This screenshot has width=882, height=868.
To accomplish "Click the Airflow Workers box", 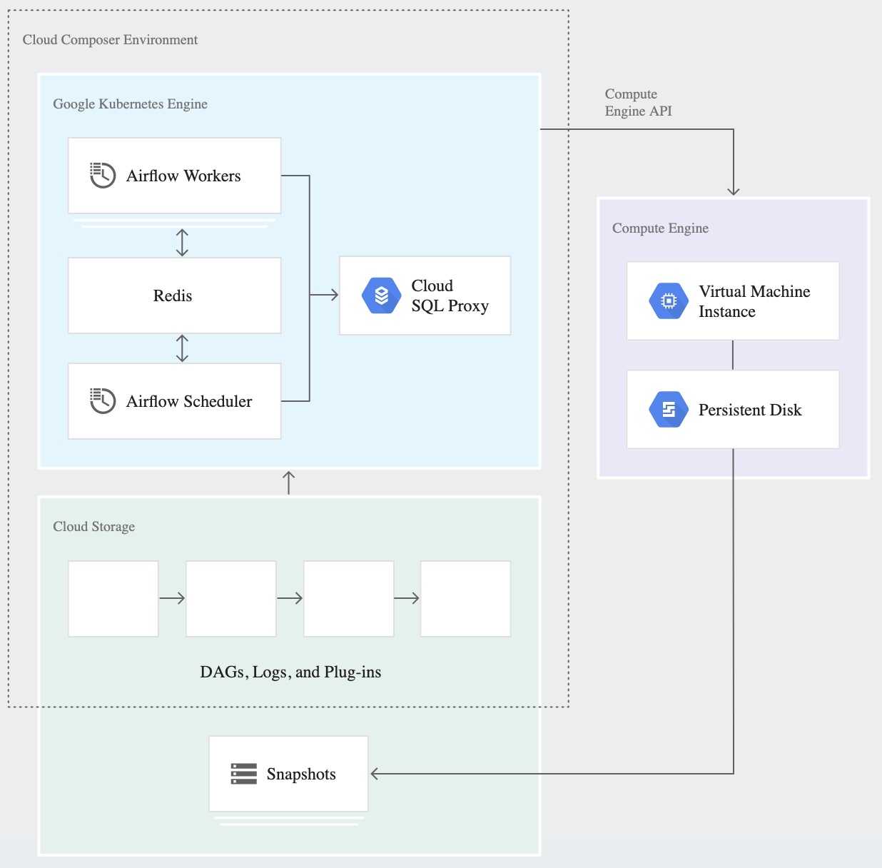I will (174, 176).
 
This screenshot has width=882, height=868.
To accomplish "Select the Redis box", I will (174, 296).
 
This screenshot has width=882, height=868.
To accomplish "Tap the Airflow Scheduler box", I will (174, 401).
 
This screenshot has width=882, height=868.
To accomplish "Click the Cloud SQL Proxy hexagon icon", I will (382, 296).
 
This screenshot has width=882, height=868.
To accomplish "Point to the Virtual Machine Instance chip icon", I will (669, 301).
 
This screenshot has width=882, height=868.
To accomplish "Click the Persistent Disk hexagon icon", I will (669, 410).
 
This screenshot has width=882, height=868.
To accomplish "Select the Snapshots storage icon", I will (243, 774).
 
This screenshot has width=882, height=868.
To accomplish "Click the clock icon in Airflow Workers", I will (102, 175).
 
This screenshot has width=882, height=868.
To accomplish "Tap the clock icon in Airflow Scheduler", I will (102, 400).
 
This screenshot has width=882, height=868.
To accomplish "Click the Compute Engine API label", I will (638, 103).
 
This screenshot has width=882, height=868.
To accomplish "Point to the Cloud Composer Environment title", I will (110, 40).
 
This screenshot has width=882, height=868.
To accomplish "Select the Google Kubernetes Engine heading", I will (130, 104).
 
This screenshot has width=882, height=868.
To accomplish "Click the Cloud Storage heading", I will (93, 527).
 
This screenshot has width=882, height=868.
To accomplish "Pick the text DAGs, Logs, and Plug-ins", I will (290, 672).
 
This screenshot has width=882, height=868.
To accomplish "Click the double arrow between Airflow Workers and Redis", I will (182, 243).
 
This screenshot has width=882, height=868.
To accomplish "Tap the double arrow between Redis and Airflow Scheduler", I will (182, 348).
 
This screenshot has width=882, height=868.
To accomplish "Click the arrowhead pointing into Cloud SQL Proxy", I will (333, 295).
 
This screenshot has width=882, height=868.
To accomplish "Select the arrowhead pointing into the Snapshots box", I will (375, 774).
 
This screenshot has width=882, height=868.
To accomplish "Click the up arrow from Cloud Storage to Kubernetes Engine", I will (288, 482).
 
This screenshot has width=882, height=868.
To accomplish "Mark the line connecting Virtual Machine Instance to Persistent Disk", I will (733, 355).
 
